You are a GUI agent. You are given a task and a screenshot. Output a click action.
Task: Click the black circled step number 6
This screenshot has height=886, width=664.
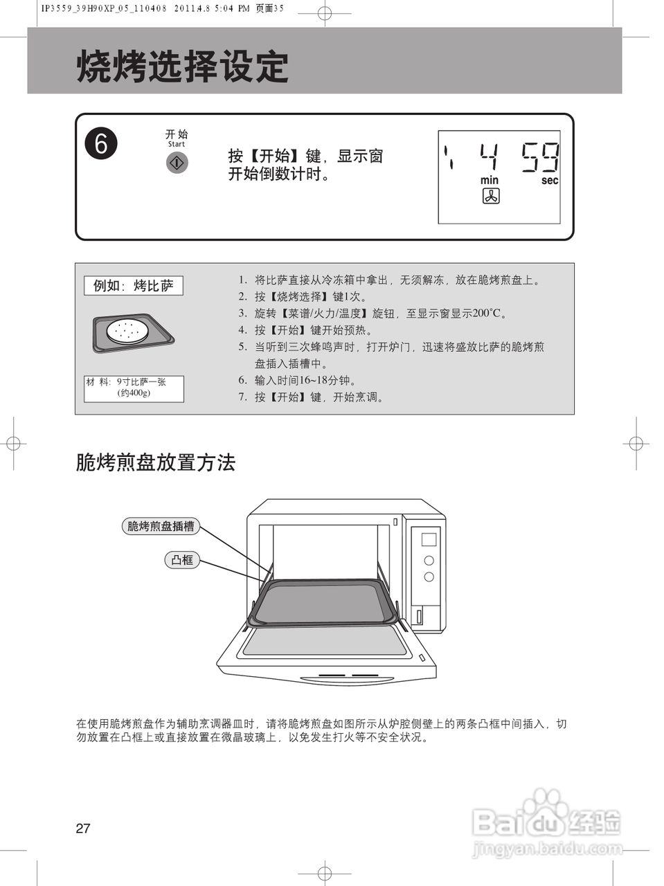click(101, 144)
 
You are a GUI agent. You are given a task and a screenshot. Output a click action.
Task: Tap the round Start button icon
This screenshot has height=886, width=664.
click(177, 163)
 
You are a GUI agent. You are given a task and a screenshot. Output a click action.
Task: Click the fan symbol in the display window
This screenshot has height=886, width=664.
click(490, 197)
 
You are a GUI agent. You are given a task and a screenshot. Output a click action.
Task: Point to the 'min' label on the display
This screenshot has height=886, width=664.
click(490, 180)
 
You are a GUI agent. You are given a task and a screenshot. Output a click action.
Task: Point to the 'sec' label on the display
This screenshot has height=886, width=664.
click(550, 180)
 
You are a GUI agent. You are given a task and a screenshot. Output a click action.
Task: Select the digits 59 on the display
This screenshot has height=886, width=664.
click(540, 157)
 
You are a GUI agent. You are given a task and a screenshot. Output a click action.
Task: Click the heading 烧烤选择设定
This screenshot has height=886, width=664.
click(182, 67)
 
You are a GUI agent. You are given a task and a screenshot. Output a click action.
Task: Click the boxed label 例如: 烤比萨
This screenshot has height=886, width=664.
click(134, 285)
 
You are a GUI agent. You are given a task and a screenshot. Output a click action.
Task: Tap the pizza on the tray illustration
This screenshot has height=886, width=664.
click(127, 332)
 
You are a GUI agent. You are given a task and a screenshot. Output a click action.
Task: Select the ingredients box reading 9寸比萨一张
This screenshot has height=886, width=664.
click(134, 388)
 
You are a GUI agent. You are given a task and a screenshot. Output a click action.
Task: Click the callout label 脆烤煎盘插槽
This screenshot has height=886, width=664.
click(160, 526)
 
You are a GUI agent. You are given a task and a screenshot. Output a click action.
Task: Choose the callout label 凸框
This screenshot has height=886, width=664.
click(182, 559)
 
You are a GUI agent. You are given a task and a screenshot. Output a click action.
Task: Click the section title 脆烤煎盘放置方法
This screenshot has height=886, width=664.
click(156, 462)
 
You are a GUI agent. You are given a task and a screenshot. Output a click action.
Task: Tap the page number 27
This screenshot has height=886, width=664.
click(83, 829)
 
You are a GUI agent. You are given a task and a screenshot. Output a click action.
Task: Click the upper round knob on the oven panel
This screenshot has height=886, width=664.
click(429, 560)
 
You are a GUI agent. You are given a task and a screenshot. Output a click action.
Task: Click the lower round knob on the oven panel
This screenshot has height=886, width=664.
click(429, 577)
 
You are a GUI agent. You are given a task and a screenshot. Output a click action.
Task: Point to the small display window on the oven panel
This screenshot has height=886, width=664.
click(429, 539)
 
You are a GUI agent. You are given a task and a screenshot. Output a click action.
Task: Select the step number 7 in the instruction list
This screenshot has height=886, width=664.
click(242, 397)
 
